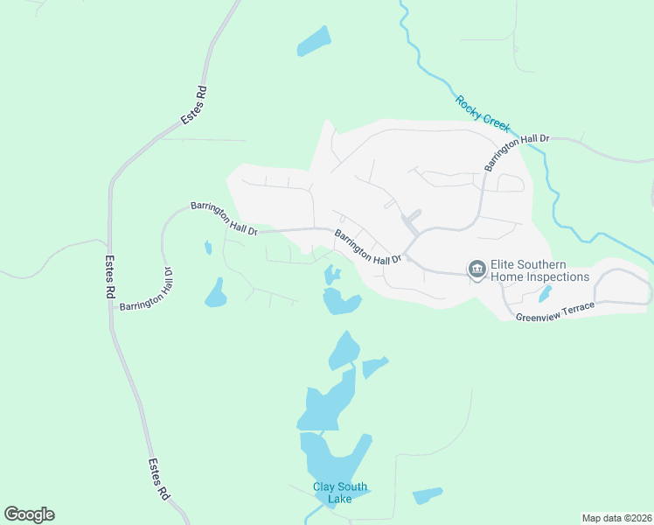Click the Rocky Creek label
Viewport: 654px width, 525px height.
(482, 113)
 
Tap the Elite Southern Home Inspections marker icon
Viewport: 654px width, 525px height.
(477, 269)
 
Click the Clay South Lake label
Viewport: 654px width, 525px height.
(340, 493)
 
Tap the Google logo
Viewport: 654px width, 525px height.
(29, 514)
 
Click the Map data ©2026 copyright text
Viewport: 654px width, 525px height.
(616, 518)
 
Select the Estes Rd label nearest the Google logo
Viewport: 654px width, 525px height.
(158, 480)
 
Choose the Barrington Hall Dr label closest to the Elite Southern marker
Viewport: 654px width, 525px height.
(367, 247)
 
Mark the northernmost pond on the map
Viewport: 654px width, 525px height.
(314, 41)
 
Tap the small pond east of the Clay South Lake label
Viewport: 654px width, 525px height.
(428, 495)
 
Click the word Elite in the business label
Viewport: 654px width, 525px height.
(508, 264)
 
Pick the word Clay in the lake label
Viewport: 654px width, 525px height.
(324, 487)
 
